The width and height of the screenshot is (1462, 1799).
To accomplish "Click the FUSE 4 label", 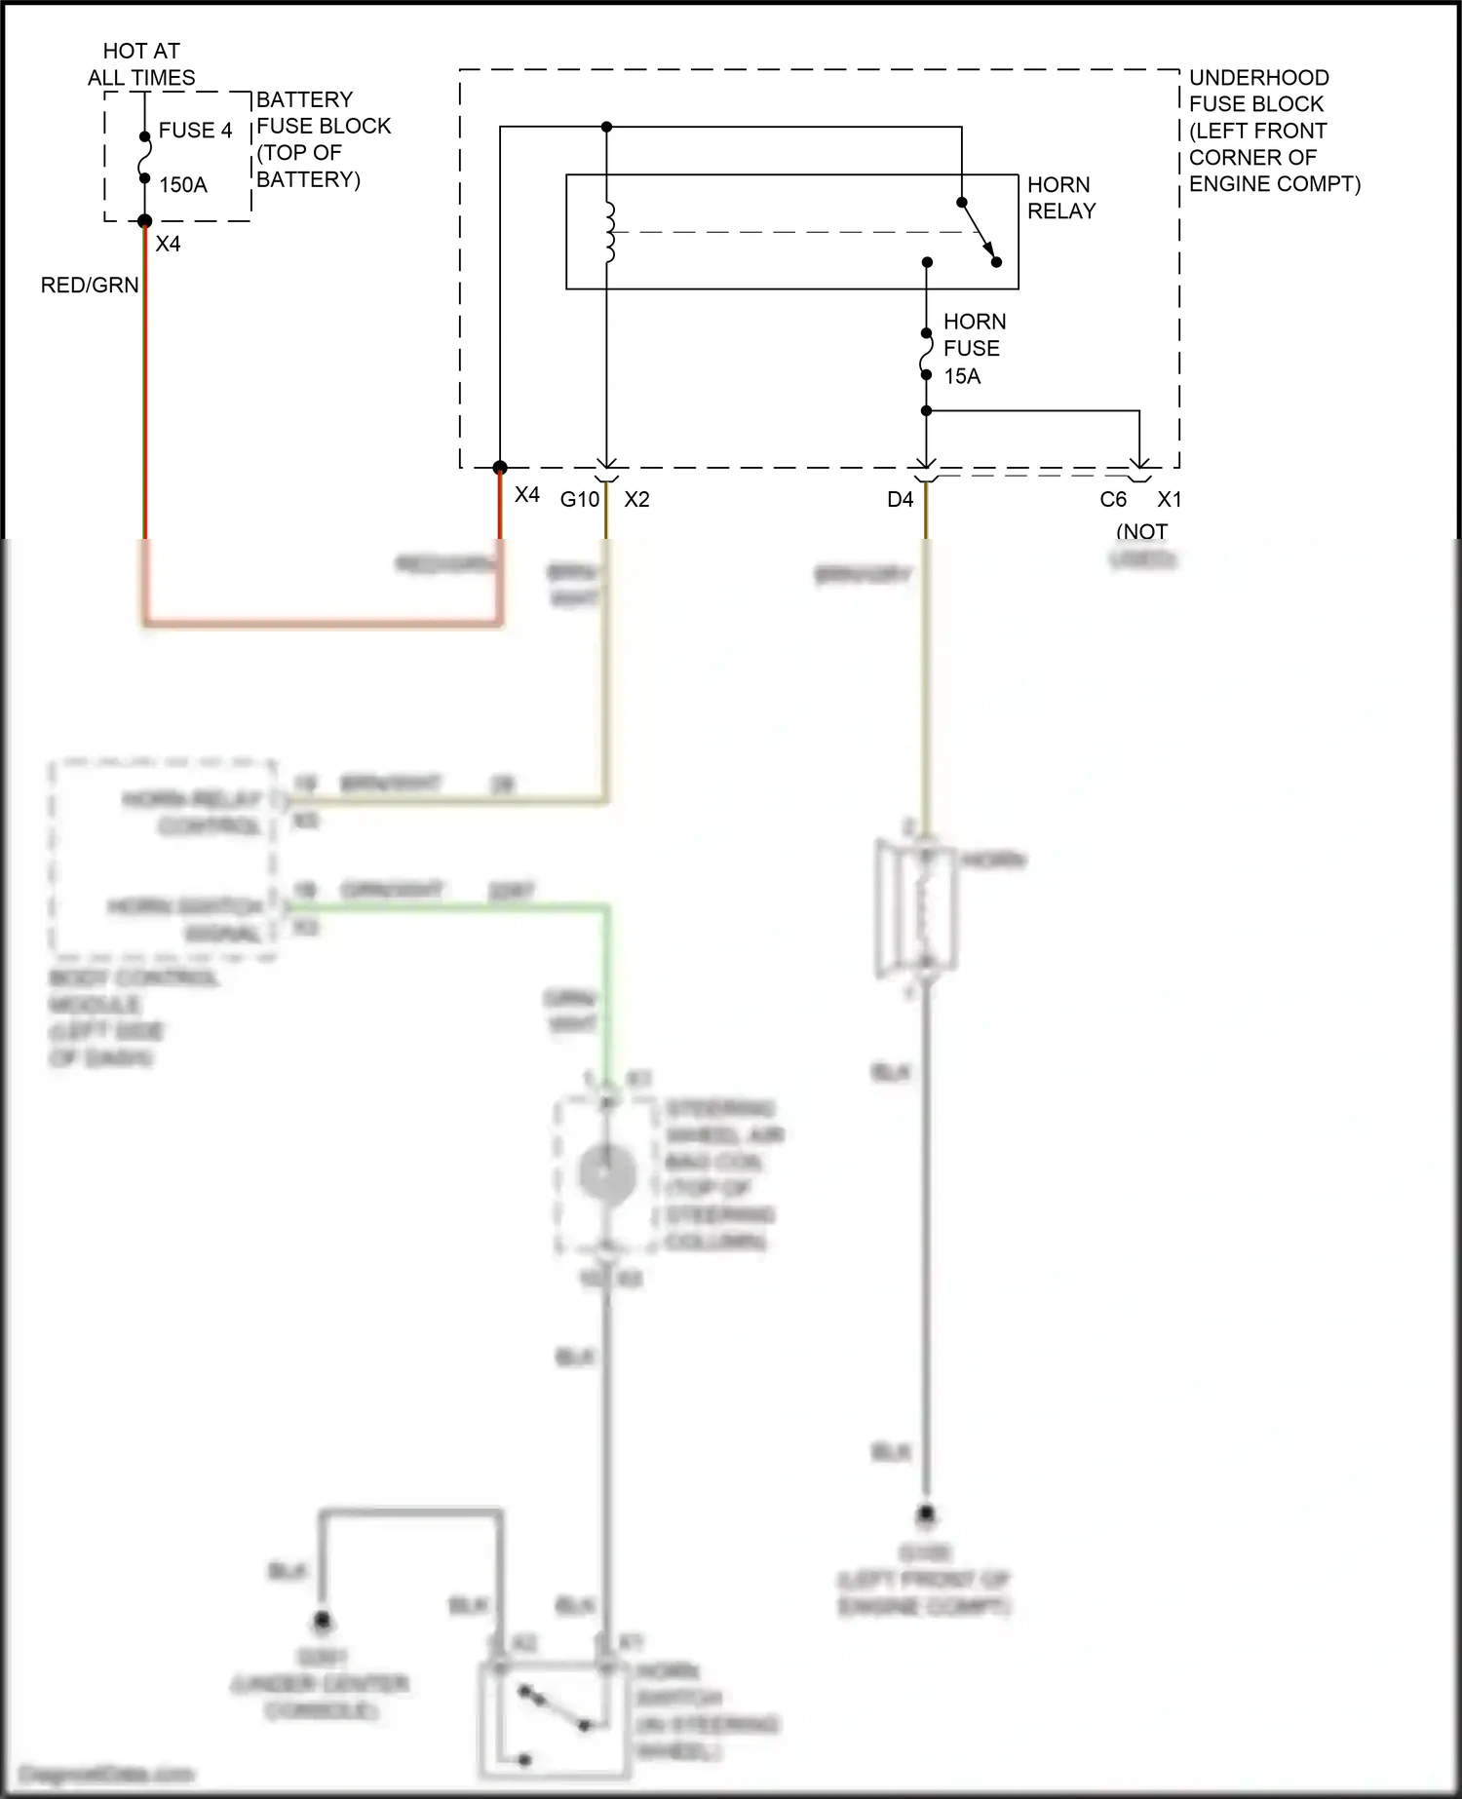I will click(x=195, y=131).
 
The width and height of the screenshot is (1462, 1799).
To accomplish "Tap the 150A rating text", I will click(x=183, y=185).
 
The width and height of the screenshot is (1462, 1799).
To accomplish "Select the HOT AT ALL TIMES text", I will click(x=141, y=64).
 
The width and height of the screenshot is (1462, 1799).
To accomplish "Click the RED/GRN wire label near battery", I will click(x=90, y=286).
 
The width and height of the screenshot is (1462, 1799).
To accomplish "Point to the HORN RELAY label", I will click(x=1060, y=198).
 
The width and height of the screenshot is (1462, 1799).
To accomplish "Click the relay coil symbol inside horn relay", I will click(x=610, y=233).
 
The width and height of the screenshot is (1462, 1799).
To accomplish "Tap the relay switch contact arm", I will click(x=979, y=233).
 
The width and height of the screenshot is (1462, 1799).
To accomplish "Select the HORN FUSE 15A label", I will click(x=973, y=348).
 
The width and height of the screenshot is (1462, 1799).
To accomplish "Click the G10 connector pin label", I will click(x=579, y=500).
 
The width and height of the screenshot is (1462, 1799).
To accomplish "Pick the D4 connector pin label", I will click(x=900, y=500).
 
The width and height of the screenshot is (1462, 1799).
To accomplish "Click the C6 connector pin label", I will click(x=1113, y=500).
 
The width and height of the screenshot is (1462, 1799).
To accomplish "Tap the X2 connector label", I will click(x=636, y=500).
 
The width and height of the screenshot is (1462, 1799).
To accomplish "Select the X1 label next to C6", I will click(x=1169, y=500).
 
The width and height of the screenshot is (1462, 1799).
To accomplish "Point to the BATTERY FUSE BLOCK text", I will click(x=322, y=139).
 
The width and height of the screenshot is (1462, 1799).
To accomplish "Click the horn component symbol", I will click(x=916, y=908).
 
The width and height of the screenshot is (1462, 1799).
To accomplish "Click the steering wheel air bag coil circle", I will click(x=607, y=1174).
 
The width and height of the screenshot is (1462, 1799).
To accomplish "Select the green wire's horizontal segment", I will click(x=448, y=908).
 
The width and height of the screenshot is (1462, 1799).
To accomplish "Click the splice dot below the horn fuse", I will click(x=926, y=410).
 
